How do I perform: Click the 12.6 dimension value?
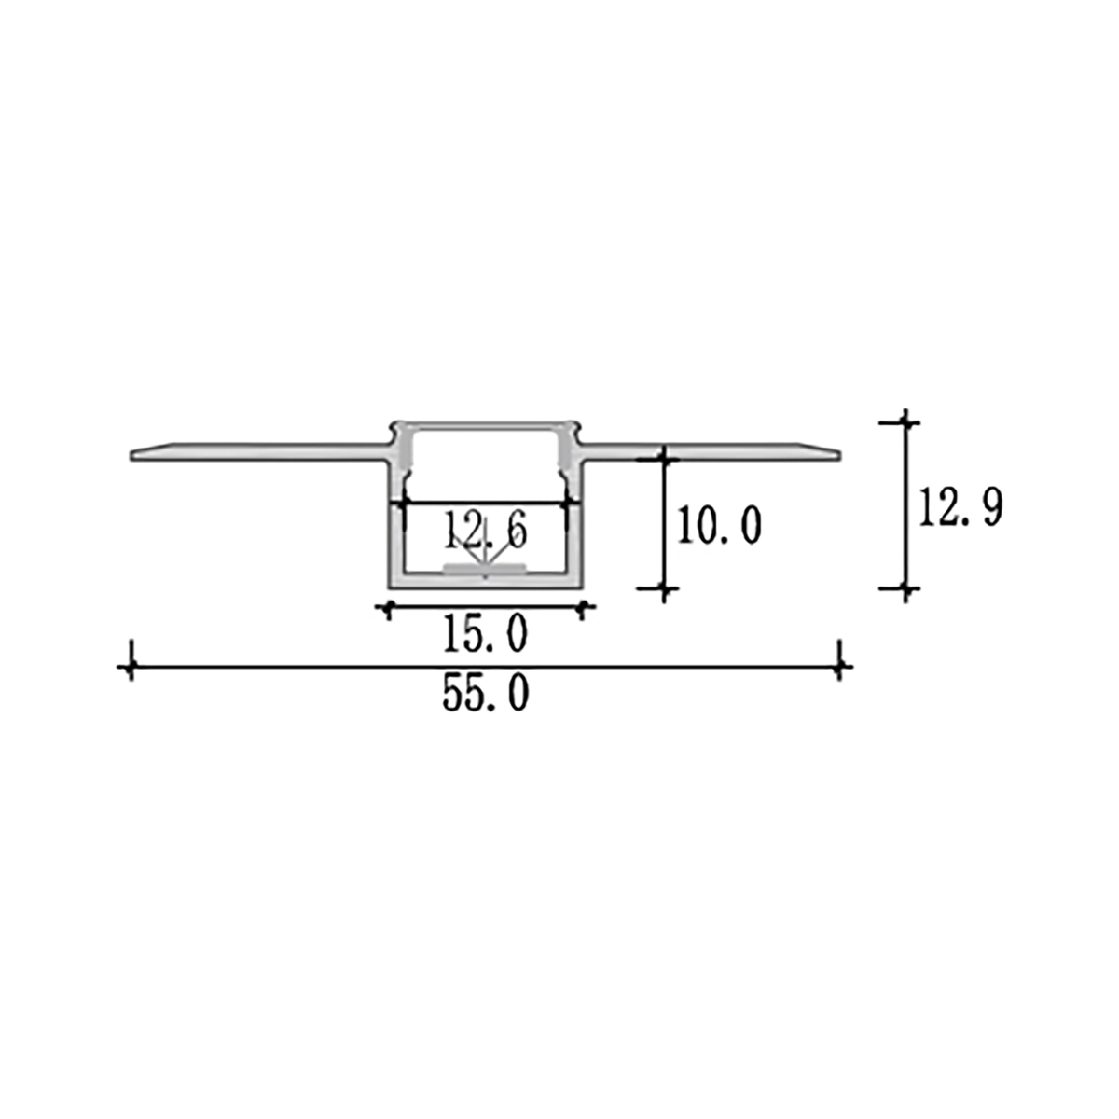coord(485,531)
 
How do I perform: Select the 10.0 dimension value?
coord(719,527)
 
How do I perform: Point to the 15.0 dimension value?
coord(485,636)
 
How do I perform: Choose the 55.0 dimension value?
coord(485,695)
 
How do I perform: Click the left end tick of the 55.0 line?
coord(131,667)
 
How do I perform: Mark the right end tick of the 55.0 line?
coord(841,667)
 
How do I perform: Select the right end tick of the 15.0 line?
coord(583,608)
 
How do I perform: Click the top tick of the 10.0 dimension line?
coord(665,458)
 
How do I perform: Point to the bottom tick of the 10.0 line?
coord(665,588)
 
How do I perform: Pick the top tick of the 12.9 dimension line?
coord(905,422)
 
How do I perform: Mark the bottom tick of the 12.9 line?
coord(905,588)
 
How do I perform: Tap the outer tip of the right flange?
coord(838,455)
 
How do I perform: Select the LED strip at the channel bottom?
coord(485,567)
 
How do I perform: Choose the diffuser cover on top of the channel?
coord(485,424)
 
